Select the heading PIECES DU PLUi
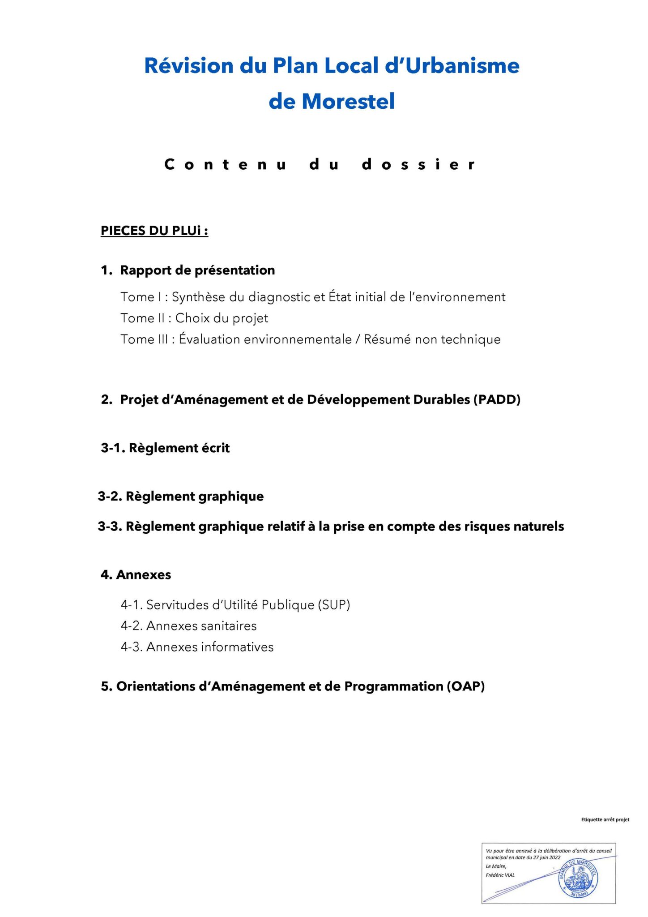point(154,231)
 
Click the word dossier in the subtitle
point(418,164)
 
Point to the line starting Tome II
point(194,318)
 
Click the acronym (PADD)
point(497,399)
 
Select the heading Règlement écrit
point(179,448)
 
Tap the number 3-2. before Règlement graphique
point(110,496)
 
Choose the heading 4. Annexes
point(136,574)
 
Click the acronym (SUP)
point(334,605)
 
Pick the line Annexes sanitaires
point(201,626)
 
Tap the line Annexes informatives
point(210,647)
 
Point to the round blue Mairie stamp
point(578,878)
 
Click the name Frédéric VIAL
point(500,875)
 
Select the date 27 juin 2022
point(546,858)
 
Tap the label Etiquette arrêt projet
point(605,819)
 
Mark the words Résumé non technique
point(432,339)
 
